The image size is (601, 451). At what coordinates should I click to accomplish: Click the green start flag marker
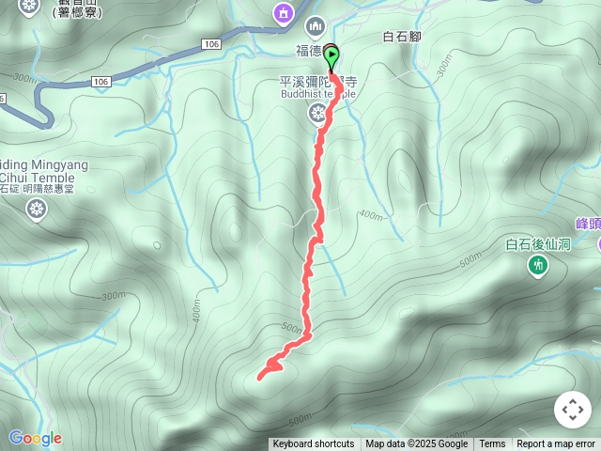[x=331, y=57]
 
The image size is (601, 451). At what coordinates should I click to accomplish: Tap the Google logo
[x=35, y=438]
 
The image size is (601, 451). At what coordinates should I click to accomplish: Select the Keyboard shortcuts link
[x=314, y=444]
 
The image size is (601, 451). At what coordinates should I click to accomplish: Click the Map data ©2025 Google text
[x=416, y=444]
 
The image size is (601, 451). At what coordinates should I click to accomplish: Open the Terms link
[x=492, y=444]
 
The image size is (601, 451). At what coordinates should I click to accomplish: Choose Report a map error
[x=556, y=444]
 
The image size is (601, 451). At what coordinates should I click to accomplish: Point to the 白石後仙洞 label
[x=538, y=245]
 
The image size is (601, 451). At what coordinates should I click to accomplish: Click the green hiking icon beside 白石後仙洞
[x=538, y=267]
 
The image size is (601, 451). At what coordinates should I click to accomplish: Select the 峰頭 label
[x=589, y=224]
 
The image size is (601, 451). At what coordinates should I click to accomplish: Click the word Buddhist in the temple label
[x=300, y=93]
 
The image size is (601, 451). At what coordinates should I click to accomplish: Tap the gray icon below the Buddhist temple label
[x=317, y=113]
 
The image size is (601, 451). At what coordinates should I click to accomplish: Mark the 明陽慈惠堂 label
[x=55, y=189]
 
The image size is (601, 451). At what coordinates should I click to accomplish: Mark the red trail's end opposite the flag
[x=259, y=378]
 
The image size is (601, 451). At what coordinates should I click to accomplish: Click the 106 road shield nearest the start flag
[x=209, y=44]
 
